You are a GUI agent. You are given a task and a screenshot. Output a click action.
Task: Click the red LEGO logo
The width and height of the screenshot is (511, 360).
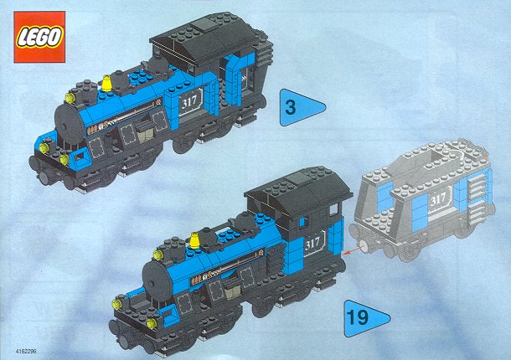pyautogui.click(x=39, y=37)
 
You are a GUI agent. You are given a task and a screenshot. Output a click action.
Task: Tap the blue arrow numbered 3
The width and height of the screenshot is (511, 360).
pyautogui.click(x=299, y=107)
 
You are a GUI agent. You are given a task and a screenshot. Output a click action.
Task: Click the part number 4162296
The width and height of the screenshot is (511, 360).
pyautogui.click(x=26, y=351)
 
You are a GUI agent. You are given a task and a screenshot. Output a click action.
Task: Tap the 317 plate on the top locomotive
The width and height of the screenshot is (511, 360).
pyautogui.click(x=191, y=101)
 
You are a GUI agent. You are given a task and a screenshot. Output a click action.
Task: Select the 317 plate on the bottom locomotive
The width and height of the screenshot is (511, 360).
pyautogui.click(x=314, y=243)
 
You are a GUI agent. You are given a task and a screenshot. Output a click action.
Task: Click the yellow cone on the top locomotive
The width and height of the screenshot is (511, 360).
pyautogui.click(x=106, y=83)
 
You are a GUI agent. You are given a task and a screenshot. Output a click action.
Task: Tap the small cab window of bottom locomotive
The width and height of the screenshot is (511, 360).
pyautogui.click(x=333, y=209)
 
